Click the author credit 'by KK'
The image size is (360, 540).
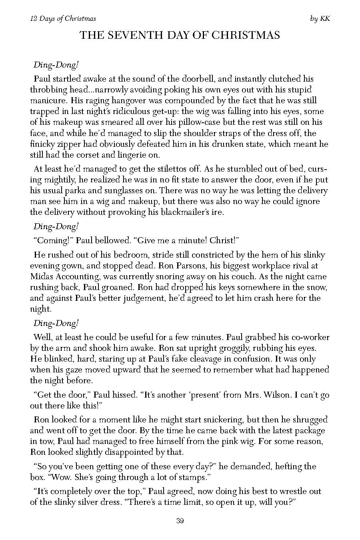click(x=320, y=18)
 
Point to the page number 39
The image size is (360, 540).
click(x=180, y=520)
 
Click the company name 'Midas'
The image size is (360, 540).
click(x=43, y=276)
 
